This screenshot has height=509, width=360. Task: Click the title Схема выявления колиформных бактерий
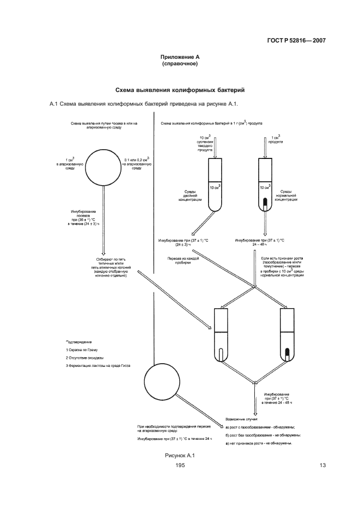coord(180,89)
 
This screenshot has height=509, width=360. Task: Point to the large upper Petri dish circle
coord(103,165)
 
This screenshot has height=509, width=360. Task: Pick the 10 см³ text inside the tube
coord(216,188)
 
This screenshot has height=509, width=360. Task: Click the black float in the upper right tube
coord(265,204)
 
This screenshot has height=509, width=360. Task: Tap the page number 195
coord(180,465)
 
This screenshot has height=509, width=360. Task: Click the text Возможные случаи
coord(241,420)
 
